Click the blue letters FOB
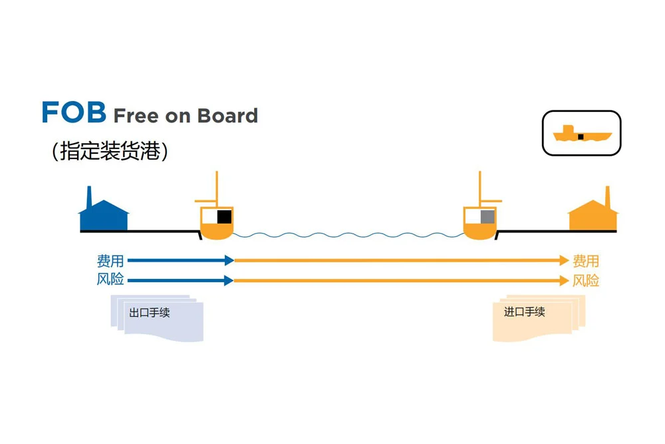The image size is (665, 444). click(74, 112)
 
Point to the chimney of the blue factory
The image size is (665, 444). click(90, 197)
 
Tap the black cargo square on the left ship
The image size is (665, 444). click(224, 216)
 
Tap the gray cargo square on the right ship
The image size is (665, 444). click(487, 216)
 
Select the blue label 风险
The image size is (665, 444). click(110, 280)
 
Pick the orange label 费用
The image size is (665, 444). click(586, 261)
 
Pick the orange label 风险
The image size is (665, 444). click(586, 280)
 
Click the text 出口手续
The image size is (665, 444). click(150, 312)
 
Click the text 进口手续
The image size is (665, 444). click(525, 312)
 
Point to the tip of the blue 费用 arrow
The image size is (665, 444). click(230, 260)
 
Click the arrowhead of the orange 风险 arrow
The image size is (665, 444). click(565, 280)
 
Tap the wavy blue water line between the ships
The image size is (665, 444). click(346, 235)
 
